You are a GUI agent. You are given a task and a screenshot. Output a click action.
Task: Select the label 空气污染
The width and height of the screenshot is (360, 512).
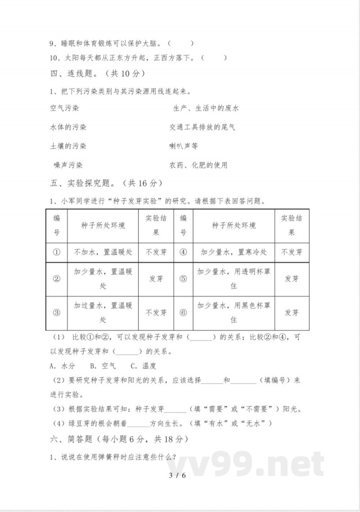(64, 109)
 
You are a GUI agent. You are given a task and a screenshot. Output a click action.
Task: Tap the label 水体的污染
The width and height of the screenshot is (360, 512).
(68, 127)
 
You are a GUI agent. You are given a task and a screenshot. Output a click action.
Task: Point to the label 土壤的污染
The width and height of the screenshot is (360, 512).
(68, 146)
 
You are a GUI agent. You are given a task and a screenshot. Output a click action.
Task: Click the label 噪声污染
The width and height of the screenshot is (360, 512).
(68, 165)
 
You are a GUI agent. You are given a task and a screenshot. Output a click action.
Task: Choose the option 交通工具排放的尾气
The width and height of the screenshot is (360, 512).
(202, 127)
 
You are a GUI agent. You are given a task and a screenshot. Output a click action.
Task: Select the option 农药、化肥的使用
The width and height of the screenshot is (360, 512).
(198, 165)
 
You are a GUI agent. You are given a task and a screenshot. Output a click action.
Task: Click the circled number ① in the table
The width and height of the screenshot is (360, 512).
(57, 252)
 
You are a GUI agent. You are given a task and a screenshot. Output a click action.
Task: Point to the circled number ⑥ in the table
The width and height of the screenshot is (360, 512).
(183, 313)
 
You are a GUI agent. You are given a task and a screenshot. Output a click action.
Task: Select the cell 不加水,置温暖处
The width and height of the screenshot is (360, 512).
(103, 252)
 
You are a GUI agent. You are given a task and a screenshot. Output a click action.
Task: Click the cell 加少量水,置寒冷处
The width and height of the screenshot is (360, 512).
(234, 252)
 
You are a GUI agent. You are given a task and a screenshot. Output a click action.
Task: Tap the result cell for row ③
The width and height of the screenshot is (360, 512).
(156, 313)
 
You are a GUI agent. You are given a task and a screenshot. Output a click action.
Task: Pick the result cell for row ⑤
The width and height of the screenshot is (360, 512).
(292, 279)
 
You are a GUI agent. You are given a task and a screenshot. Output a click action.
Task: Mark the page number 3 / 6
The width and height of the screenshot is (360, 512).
(177, 476)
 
